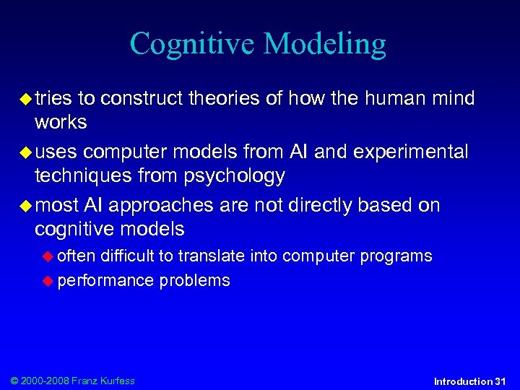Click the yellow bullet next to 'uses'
click(x=26, y=153)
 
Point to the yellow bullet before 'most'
click(x=26, y=206)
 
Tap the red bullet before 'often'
click(x=48, y=256)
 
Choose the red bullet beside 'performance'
click(x=48, y=281)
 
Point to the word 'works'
click(x=61, y=123)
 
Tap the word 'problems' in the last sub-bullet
click(x=194, y=281)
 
